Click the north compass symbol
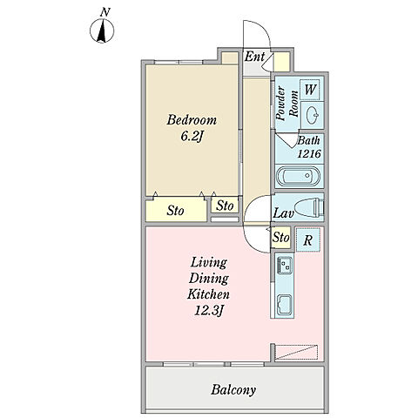[102, 30]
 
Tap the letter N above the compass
[105, 12]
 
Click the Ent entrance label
[254, 57]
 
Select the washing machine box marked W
[310, 90]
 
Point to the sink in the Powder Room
[312, 115]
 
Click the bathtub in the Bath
[298, 176]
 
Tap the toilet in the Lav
[308, 207]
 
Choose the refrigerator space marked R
[308, 239]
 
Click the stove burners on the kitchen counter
[284, 264]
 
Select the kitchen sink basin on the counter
[285, 305]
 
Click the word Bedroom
[192, 120]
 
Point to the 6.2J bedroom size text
[191, 137]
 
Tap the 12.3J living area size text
[209, 312]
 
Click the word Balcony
[233, 390]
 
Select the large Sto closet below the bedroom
[175, 211]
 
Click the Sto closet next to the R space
[280, 238]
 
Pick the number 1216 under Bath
[309, 153]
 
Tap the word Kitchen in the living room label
[208, 294]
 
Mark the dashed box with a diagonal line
[296, 353]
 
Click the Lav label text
[283, 213]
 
